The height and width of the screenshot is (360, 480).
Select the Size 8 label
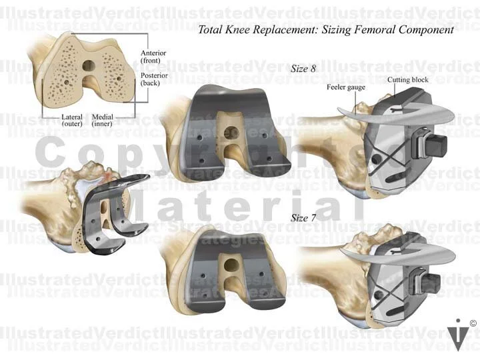[x=303, y=68]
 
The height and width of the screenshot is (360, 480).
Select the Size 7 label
[x=303, y=218]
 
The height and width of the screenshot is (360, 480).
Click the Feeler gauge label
[x=345, y=87]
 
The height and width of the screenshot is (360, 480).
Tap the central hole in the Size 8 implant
[x=231, y=131]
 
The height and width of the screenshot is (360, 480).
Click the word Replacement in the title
[x=280, y=30]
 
